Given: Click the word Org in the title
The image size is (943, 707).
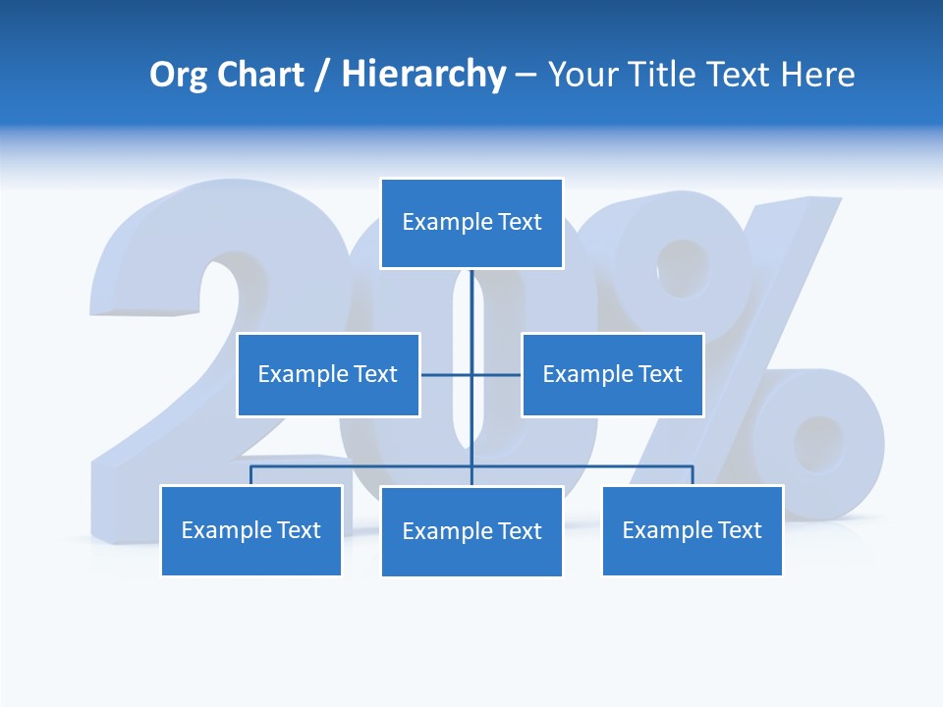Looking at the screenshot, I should point(179,75).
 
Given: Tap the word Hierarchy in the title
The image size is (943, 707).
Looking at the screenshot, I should point(423,75).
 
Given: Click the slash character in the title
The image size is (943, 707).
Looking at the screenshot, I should point(323,76).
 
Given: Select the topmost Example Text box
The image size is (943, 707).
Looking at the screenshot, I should point(471,223).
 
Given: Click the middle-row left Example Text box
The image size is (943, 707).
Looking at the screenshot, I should point(328,374).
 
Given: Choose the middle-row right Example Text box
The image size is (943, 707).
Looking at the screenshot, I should point(612,374).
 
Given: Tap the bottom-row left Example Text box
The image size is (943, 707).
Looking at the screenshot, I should point(250,530).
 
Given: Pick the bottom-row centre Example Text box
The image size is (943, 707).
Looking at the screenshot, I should point(471,531).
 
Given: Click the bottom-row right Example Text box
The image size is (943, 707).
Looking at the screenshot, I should point(692,530).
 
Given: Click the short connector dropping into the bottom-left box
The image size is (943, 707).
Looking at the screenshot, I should point(250,476).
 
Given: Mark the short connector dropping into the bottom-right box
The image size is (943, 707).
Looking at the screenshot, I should point(693,476).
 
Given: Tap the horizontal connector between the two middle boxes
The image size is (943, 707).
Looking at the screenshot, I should point(447,374).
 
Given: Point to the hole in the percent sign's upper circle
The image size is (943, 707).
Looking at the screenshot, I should point(682,266).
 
